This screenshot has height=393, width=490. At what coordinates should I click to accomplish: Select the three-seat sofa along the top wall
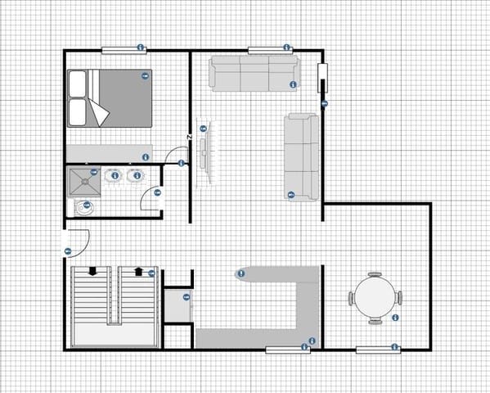pyautogui.click(x=250, y=74)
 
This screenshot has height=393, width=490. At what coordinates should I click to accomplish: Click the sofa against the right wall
pyautogui.click(x=301, y=156)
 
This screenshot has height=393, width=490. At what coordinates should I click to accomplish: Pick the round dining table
pyautogui.click(x=375, y=298)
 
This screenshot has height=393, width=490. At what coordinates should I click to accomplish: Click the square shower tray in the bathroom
pyautogui.click(x=82, y=180)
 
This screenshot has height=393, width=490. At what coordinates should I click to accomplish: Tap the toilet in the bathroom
pyautogui.click(x=83, y=207)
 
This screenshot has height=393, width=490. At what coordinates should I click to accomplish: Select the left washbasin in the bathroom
pyautogui.click(x=115, y=174)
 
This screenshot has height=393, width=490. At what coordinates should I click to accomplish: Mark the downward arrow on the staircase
pyautogui.click(x=93, y=271)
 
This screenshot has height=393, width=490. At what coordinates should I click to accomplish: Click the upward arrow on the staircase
pyautogui.click(x=138, y=271)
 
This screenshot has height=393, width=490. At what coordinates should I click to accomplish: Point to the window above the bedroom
pyautogui.click(x=124, y=51)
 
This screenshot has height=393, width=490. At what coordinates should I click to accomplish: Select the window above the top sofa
pyautogui.click(x=270, y=51)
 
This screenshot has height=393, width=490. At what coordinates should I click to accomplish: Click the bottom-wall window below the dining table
pyautogui.click(x=378, y=350)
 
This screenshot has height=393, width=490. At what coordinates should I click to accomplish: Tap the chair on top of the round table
pyautogui.click(x=375, y=275)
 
